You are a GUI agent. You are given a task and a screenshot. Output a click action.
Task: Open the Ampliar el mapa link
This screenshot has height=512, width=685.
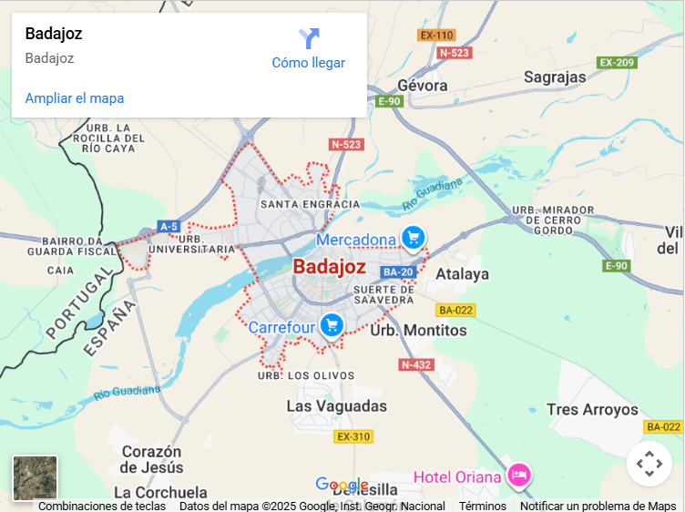coord(75,98)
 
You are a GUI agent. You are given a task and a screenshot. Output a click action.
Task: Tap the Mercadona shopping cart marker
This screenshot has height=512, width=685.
coord(414,239)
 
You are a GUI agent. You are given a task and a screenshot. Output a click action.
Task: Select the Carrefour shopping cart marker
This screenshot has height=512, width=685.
coord(331,324)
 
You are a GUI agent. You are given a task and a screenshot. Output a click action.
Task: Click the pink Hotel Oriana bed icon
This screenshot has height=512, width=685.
coord(519,475)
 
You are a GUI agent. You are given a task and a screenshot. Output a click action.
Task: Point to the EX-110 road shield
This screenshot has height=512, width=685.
coord(436,36)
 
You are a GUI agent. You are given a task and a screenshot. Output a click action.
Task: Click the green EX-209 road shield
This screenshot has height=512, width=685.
coord(617,62)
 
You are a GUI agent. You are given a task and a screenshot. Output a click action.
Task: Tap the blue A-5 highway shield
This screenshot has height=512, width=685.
coord(169,226)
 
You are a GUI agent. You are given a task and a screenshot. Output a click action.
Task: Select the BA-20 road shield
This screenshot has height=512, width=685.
coord(398,271)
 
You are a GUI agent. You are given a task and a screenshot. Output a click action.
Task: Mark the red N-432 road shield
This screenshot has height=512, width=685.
coord(415,364)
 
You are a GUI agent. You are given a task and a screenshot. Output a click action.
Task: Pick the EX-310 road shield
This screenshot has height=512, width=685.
coord(353,436)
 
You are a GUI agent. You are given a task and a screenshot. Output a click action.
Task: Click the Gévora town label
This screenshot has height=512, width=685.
coord(423,85)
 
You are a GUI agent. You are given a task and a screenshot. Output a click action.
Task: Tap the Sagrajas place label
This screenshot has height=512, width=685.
coord(556,77)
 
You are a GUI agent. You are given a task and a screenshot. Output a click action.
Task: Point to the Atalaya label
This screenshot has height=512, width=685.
coord(462,273)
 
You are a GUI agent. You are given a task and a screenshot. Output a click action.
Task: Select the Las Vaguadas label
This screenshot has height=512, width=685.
coord(336,406)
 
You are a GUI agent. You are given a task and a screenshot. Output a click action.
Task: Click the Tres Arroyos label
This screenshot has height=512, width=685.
coord(592,410)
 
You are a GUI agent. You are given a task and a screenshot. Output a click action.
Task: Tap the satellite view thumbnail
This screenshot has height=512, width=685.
coord(36,478)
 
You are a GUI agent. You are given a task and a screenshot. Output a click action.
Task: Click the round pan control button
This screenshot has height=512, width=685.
coord(649,464)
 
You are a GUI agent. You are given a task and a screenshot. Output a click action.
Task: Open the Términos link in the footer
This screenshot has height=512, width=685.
coord(482,506)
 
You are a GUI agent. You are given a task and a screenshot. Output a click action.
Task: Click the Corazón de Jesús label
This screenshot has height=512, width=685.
coord(152,459)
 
